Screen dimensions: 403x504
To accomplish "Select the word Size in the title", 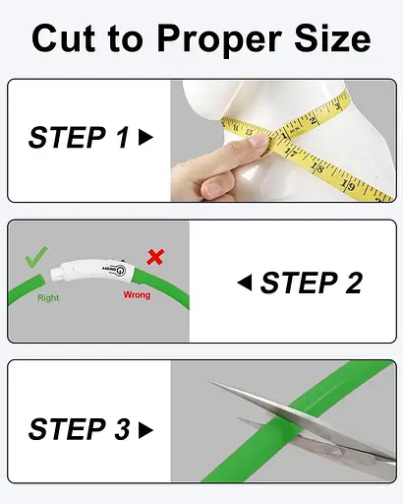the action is click(x=332, y=38).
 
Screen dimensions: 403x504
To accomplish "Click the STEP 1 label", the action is click(x=79, y=137).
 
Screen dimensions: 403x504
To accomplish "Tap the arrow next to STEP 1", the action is click(x=145, y=137).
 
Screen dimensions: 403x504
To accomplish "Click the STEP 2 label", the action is click(x=312, y=283).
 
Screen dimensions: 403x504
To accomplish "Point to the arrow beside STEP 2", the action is click(x=245, y=283).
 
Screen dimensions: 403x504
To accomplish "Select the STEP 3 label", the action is click(x=79, y=429).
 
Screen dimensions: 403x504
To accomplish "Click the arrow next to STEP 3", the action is click(x=145, y=430).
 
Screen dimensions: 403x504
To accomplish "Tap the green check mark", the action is click(x=35, y=257).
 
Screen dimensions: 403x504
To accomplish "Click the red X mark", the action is click(x=155, y=257).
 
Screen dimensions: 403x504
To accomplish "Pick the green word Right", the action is click(x=48, y=298).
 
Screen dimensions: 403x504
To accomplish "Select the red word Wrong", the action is click(x=137, y=295).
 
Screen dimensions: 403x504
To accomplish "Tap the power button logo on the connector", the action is click(x=120, y=271).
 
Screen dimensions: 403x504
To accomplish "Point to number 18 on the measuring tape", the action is click(x=317, y=168).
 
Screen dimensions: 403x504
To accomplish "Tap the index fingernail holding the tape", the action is click(x=258, y=141).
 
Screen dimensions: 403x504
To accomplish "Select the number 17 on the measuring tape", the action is click(x=291, y=153).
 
